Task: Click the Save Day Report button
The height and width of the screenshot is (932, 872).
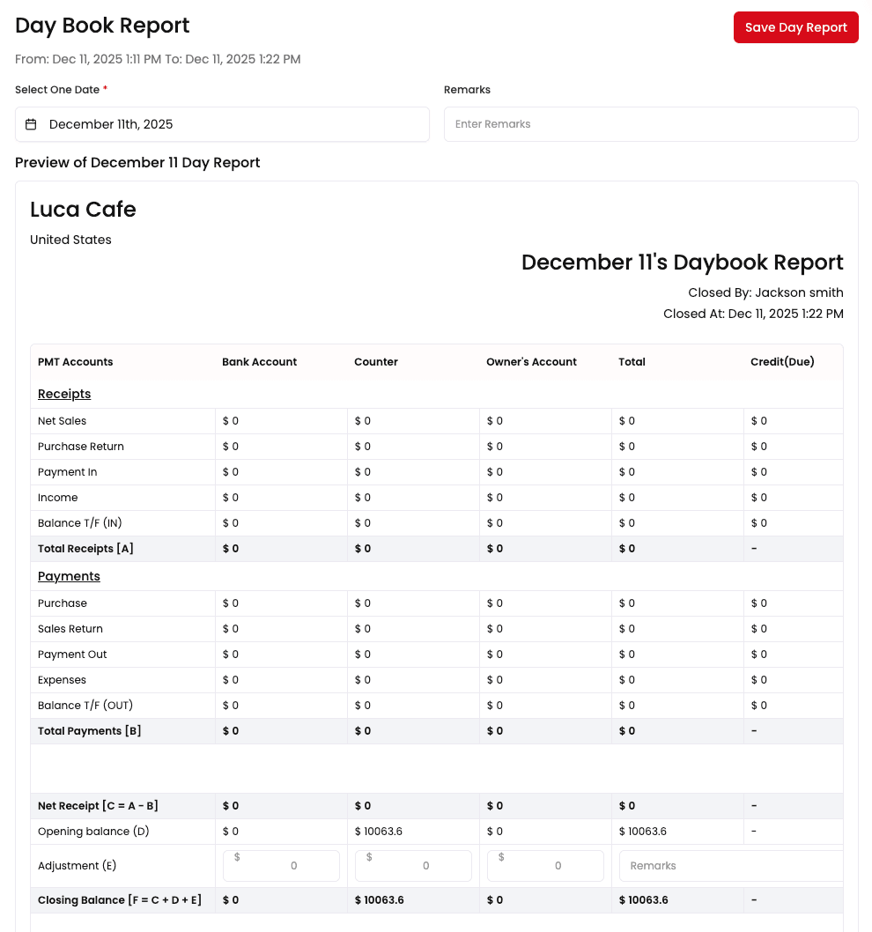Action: tap(795, 27)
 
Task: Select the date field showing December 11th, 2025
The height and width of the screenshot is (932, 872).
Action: tap(222, 124)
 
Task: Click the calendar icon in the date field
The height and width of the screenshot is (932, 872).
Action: tap(31, 124)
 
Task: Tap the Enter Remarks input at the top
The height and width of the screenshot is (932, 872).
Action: tap(650, 124)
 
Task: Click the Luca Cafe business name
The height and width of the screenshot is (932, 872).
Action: tap(83, 210)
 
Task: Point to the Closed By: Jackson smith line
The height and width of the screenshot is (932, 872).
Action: tap(765, 292)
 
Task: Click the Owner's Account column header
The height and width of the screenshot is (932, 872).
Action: tap(531, 362)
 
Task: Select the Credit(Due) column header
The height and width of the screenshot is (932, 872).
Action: tap(782, 362)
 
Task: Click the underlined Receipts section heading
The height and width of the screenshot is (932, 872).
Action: tap(64, 394)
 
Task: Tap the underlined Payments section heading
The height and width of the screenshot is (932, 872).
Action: tap(69, 576)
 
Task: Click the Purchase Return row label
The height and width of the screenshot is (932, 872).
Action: tap(81, 447)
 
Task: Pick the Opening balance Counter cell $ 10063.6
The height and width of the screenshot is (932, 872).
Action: tap(379, 832)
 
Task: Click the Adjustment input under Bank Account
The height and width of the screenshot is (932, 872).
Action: tap(281, 866)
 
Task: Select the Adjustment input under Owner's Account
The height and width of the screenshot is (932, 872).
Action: tap(545, 866)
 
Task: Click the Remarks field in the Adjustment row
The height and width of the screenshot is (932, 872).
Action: tap(730, 866)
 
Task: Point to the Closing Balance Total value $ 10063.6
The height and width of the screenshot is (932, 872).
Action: tap(643, 900)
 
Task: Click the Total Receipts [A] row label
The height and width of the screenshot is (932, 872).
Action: tap(85, 549)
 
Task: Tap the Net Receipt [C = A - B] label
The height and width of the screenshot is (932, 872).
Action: tap(98, 806)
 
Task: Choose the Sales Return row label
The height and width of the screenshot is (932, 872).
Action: tap(70, 629)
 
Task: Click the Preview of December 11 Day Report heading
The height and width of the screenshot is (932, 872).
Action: tap(137, 163)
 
